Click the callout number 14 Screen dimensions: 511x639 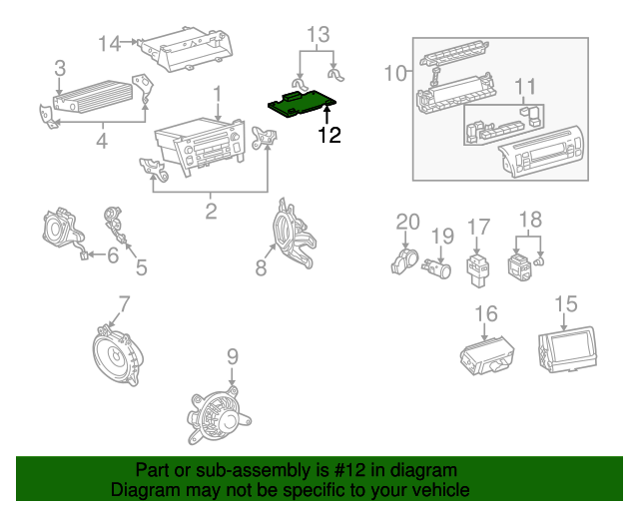coord(110,43)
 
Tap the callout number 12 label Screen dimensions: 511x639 coord(329,135)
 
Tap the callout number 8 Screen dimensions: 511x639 coord(261,266)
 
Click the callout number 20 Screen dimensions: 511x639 coord(406,222)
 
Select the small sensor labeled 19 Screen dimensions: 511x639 coord(437,266)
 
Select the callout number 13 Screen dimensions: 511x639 coord(317,35)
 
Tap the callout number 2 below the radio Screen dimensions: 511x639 coord(211,211)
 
